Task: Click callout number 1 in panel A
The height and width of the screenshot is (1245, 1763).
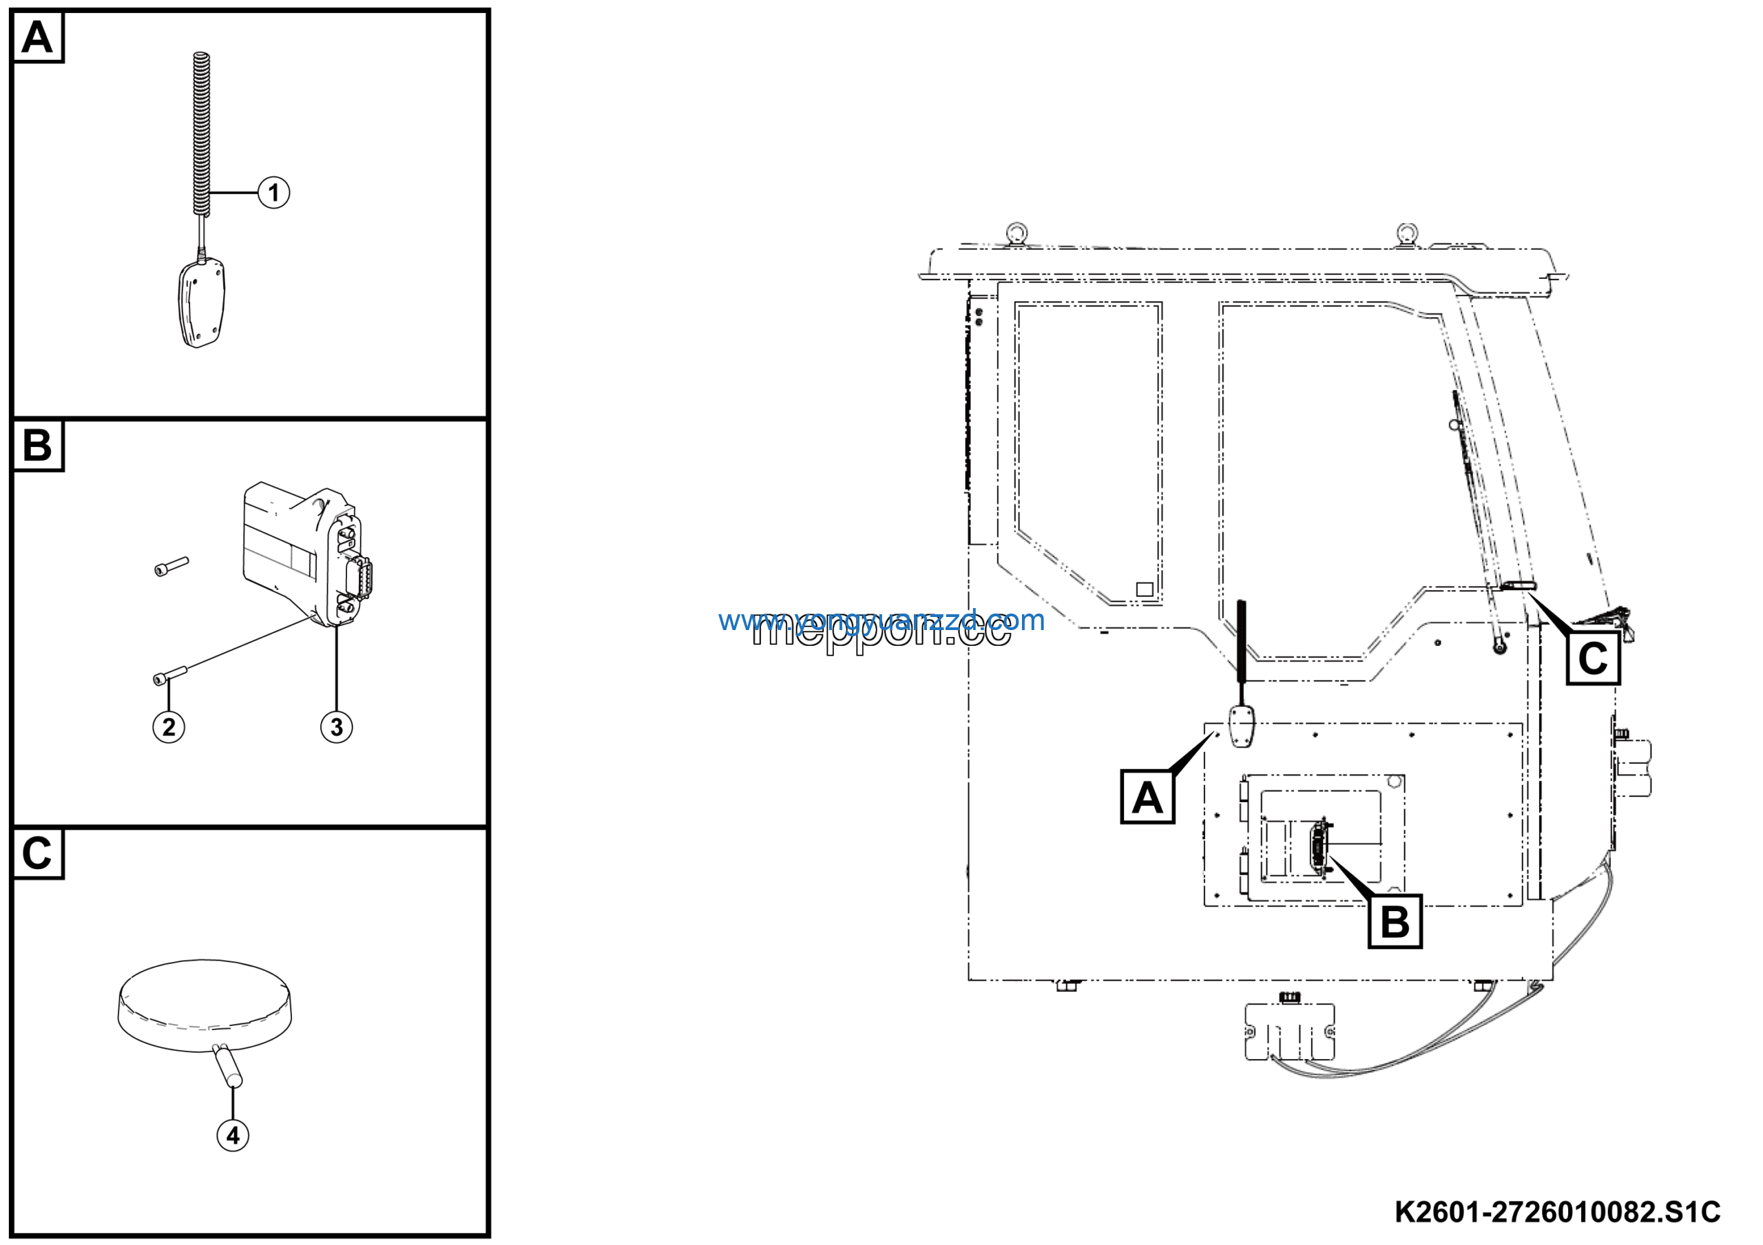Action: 273,192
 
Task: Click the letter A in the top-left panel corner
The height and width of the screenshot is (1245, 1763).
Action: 37,37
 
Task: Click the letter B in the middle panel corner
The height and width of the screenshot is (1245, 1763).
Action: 37,446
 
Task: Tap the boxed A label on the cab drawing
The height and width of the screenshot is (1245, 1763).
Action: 1147,797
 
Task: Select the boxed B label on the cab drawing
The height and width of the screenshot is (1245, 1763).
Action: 1395,922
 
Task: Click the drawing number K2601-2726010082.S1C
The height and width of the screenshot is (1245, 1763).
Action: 1557,1211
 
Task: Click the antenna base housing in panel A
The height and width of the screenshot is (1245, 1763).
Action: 201,303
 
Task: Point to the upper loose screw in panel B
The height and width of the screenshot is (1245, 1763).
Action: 171,567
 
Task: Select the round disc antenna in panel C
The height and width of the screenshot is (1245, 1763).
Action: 205,1004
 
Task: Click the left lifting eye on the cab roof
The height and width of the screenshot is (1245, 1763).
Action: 1017,232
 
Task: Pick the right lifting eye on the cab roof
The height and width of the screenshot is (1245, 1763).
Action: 1407,232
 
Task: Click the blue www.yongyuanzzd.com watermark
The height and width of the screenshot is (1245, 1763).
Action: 881,620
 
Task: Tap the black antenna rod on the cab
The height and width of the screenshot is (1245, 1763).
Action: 1241,642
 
